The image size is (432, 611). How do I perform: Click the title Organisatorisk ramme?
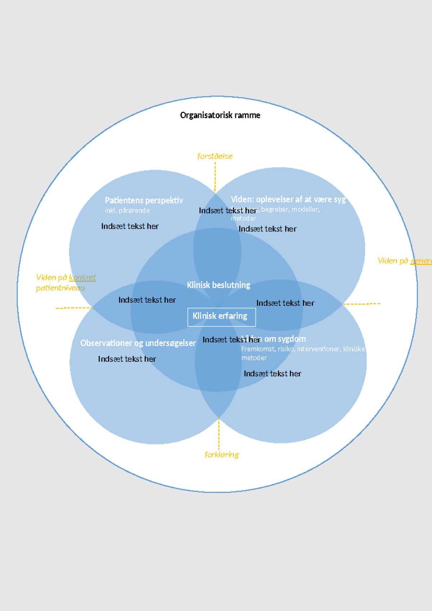click(220, 115)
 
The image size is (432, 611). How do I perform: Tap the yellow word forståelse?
click(215, 156)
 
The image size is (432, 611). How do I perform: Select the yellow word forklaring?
click(222, 455)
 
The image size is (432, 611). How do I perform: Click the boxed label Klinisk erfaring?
click(220, 316)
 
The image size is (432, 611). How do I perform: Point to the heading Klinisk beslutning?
click(219, 285)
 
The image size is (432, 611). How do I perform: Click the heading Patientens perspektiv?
click(144, 200)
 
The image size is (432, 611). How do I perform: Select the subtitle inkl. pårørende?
click(127, 210)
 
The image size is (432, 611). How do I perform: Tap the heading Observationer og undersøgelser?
click(138, 343)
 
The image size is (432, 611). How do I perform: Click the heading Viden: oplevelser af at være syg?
click(288, 199)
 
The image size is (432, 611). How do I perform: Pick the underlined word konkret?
click(82, 277)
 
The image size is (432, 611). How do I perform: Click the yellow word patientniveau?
click(60, 288)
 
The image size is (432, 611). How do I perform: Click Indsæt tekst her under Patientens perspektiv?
click(130, 226)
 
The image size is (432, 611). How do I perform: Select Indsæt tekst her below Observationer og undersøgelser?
click(127, 359)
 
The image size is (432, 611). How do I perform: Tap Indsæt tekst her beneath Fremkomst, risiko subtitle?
click(273, 374)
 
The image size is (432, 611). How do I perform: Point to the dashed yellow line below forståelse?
click(215, 177)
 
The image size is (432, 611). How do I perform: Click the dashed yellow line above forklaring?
click(219, 434)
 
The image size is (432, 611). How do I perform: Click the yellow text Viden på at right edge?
click(393, 261)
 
